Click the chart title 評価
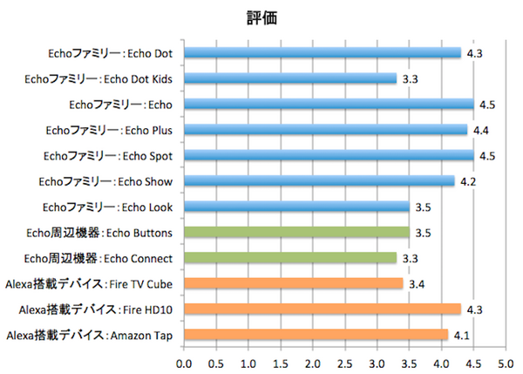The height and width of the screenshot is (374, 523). (x=261, y=18)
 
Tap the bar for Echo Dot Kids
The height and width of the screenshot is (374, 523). (x=290, y=79)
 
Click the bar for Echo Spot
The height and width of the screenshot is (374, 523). (x=329, y=156)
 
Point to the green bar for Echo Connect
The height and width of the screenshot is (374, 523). (x=290, y=258)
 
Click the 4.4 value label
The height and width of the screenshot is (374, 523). (x=481, y=130)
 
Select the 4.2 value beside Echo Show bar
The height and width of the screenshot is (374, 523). (x=468, y=181)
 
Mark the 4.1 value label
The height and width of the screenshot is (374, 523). (x=462, y=335)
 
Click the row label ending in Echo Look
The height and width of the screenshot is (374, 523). (x=107, y=207)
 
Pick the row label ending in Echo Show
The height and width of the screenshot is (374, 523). (x=105, y=181)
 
